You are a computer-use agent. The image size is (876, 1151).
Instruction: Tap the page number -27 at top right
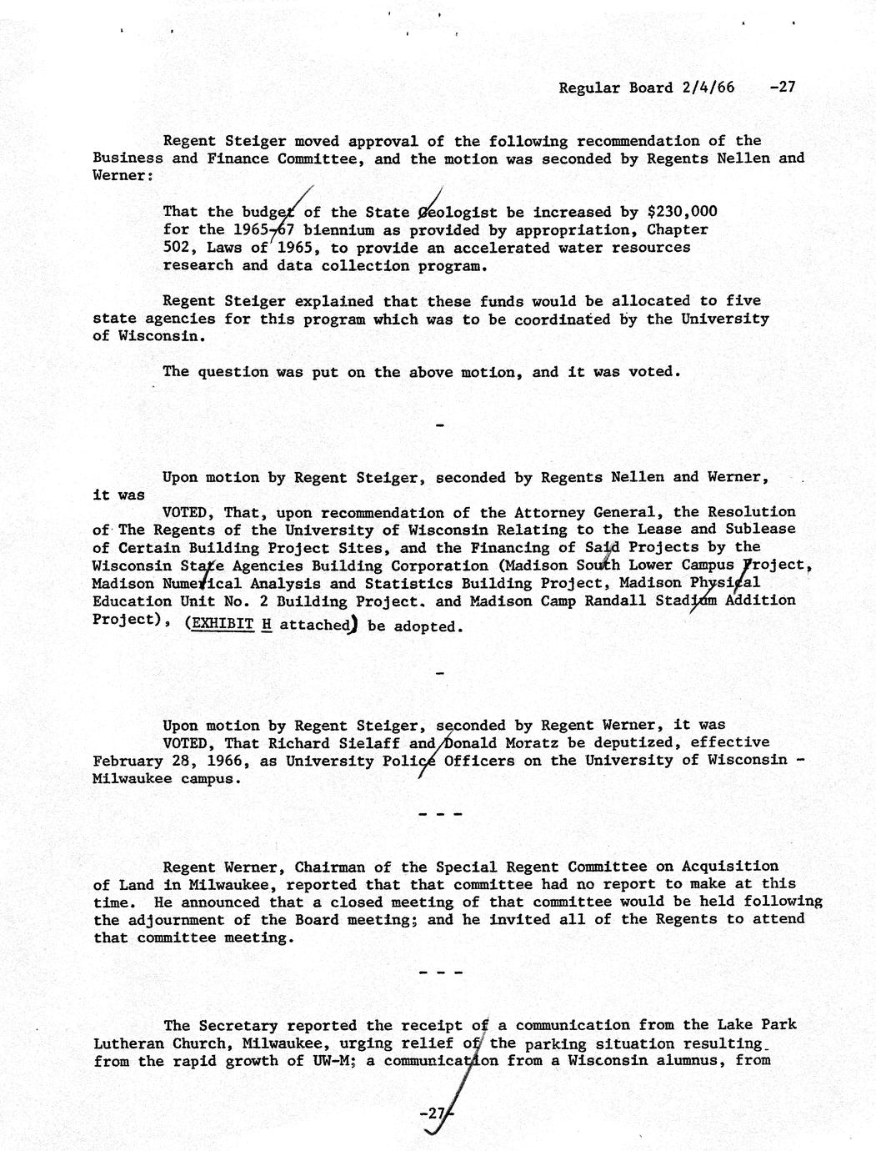(784, 87)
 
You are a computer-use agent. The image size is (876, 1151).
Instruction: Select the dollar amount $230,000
(683, 212)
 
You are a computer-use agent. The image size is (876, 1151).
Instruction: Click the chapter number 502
(176, 248)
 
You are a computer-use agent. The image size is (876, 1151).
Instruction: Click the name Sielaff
(376, 742)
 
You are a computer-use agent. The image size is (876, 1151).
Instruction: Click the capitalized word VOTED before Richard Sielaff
(190, 742)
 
